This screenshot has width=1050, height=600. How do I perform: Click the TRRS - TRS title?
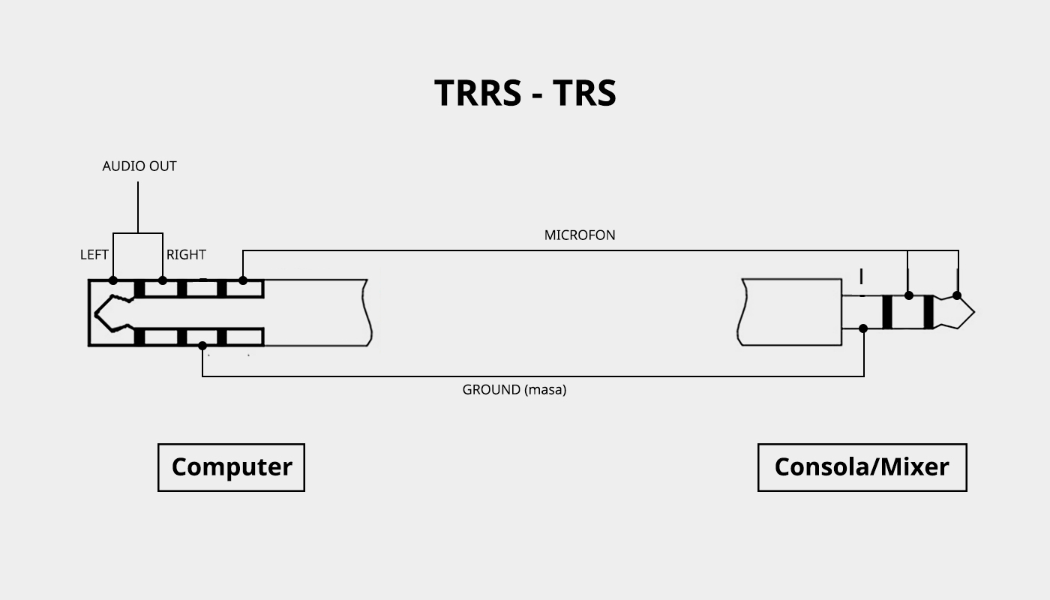525,93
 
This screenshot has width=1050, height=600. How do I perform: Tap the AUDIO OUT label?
139,166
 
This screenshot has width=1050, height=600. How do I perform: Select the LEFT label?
94,254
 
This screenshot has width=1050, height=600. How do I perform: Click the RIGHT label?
186,254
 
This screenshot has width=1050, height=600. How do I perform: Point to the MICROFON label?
579,235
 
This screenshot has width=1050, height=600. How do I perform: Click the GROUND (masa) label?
514,389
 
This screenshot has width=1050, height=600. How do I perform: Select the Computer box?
231,467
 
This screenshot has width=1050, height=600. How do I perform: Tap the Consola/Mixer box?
862,467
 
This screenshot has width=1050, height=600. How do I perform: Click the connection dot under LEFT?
113,280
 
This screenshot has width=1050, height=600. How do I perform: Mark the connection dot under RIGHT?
162,280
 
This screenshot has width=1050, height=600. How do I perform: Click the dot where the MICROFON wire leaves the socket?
243,280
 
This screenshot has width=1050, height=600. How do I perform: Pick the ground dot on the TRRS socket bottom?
202,346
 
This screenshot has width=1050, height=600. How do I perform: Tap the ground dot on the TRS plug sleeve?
863,328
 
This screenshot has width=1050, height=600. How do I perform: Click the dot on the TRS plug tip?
957,295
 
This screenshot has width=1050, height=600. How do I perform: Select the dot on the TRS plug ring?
908,295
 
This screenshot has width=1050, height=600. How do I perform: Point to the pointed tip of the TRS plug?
974,312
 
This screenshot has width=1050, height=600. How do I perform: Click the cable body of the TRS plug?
789,312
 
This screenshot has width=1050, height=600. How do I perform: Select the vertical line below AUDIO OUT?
138,207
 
